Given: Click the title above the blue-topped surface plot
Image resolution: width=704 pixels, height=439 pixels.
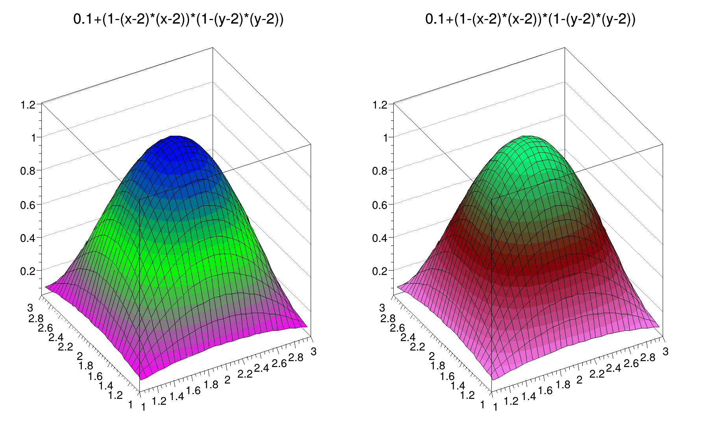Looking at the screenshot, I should tap(178, 19).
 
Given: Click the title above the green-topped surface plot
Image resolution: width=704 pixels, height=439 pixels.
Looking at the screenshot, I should tap(530, 19).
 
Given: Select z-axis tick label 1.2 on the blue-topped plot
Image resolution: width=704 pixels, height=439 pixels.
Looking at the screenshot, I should tap(28, 105).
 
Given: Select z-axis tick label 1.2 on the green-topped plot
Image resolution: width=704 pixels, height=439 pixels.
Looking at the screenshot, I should tap(380, 105).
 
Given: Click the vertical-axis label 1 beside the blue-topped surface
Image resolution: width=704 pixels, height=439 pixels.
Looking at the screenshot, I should tap(33, 138).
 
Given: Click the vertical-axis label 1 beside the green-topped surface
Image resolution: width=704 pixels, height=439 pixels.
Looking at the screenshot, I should tap(385, 138).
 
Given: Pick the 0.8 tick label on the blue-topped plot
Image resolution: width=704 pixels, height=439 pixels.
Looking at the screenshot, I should tap(28, 171).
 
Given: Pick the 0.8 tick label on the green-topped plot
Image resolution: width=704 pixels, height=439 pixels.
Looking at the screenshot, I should tap(380, 171).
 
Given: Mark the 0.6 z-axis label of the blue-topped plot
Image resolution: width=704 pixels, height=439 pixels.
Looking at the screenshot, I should tap(28, 205).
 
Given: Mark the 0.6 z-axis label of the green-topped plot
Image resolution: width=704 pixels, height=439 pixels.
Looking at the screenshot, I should tap(380, 205).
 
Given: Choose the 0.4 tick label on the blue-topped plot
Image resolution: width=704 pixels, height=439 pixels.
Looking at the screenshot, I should tap(28, 238).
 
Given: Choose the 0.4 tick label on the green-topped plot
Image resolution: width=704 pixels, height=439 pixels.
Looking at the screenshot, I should tap(380, 238).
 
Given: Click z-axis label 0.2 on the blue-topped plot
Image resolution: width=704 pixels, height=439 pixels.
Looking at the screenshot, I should tap(28, 271).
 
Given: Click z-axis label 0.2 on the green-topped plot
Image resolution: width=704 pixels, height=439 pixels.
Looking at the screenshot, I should tap(380, 271).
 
